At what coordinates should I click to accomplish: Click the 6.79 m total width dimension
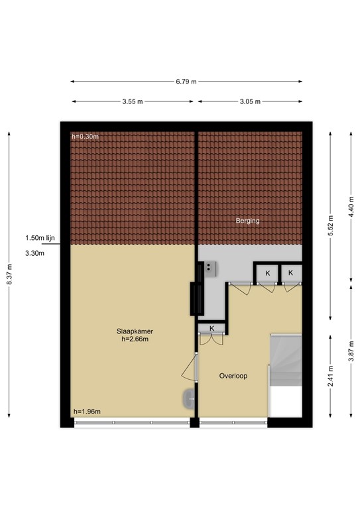click(x=186, y=82)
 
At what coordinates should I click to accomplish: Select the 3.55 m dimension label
click(x=133, y=101)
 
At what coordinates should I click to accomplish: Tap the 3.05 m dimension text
click(x=249, y=101)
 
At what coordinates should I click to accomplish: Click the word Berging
click(x=248, y=221)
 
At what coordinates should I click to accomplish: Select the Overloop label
click(x=233, y=376)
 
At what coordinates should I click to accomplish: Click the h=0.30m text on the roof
click(x=85, y=137)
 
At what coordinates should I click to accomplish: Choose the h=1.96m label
click(x=87, y=412)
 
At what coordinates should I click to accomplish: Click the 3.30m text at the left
click(x=34, y=253)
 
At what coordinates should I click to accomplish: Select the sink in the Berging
click(x=211, y=267)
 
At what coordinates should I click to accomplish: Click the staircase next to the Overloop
click(x=286, y=375)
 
